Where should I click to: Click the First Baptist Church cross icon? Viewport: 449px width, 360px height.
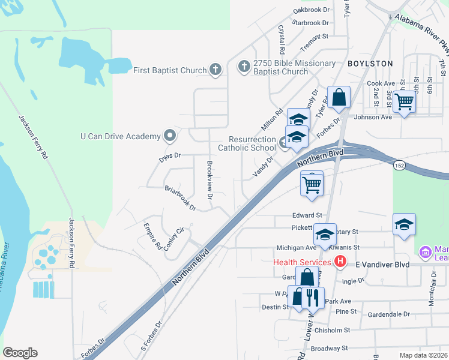click(x=216, y=70)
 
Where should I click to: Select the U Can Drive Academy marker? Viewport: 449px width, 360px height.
click(x=169, y=136)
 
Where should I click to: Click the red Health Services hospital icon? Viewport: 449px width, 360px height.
click(x=340, y=262)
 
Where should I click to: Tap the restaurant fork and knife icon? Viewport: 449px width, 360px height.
click(x=313, y=296)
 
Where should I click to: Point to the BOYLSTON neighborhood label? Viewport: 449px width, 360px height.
click(x=370, y=63)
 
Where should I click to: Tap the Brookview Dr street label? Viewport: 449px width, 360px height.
click(x=210, y=180)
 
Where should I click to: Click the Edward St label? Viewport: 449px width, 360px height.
click(x=308, y=215)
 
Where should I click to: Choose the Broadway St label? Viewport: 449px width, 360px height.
click(x=329, y=348)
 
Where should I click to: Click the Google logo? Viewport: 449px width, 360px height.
click(x=20, y=353)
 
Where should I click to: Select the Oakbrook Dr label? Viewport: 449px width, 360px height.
click(x=312, y=10)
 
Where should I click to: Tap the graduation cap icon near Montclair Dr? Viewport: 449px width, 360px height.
click(x=405, y=225)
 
